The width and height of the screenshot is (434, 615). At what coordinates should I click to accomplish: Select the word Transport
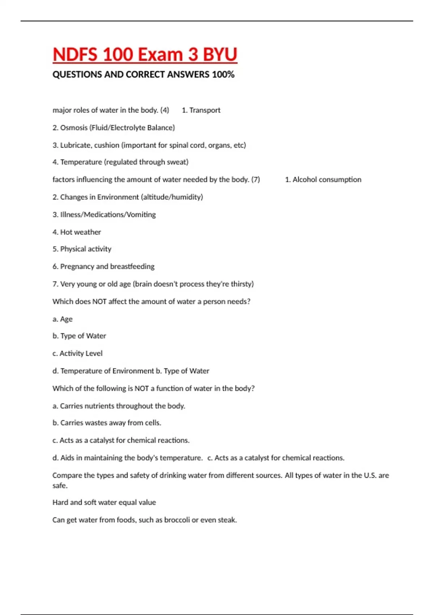tap(205, 110)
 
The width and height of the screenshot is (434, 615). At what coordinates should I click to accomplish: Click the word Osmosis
tap(74, 128)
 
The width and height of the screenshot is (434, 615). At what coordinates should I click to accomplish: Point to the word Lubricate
tap(75, 145)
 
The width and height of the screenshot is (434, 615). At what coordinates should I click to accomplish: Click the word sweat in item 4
tap(177, 162)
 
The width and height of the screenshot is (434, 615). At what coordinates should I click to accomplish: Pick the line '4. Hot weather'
tap(77, 232)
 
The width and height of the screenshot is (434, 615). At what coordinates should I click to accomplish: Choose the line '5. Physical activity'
tap(82, 249)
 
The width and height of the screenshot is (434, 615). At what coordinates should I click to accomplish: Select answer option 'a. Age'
tap(63, 319)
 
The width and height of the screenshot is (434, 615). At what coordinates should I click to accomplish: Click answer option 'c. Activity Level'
tap(77, 353)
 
